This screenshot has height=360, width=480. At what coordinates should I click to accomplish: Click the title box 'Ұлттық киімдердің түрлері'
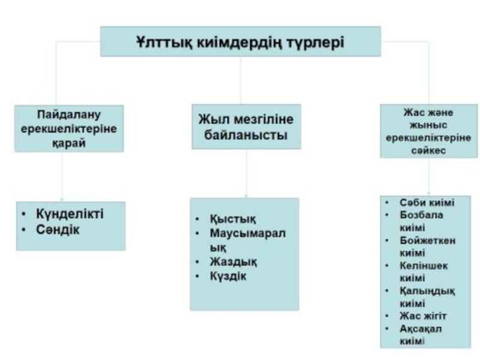(x=240, y=41)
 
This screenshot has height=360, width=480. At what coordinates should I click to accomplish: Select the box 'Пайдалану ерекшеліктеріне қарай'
(x=69, y=128)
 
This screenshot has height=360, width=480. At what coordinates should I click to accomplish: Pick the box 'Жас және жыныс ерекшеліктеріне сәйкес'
(x=428, y=131)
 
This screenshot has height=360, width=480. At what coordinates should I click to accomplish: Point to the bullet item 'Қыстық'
(x=229, y=220)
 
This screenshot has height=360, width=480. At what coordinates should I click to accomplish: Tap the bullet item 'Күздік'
(x=228, y=277)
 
